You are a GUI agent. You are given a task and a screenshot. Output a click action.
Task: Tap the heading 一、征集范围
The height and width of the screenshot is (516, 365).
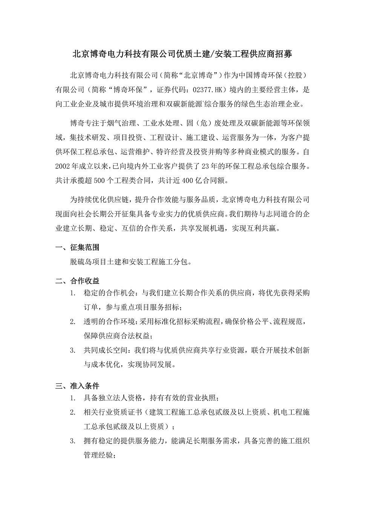(77, 248)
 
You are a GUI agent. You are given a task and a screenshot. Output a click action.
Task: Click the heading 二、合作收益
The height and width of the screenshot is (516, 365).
(77, 281)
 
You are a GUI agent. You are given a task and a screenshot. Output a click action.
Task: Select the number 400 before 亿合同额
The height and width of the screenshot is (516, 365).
(187, 181)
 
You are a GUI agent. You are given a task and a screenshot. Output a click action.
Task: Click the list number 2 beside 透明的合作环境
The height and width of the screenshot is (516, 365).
(72, 322)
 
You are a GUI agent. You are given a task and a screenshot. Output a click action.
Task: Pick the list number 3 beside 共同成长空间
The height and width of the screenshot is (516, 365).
(72, 351)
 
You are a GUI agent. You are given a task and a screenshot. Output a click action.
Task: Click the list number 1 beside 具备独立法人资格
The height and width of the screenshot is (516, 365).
(72, 398)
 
